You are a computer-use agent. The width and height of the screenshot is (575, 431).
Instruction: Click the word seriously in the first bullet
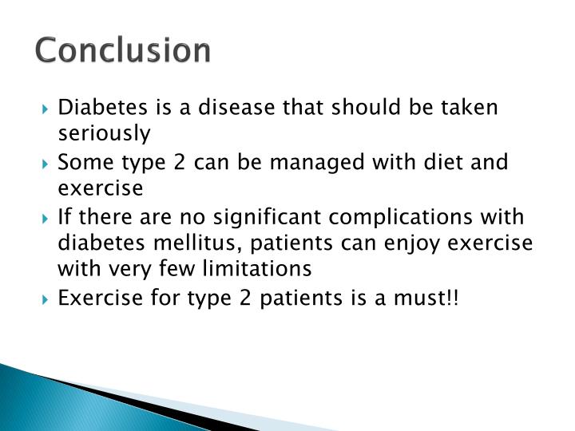pyautogui.click(x=105, y=134)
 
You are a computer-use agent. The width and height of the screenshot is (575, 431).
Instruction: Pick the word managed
pyautogui.click(x=309, y=163)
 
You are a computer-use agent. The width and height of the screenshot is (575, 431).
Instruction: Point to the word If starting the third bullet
pyautogui.click(x=65, y=217)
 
